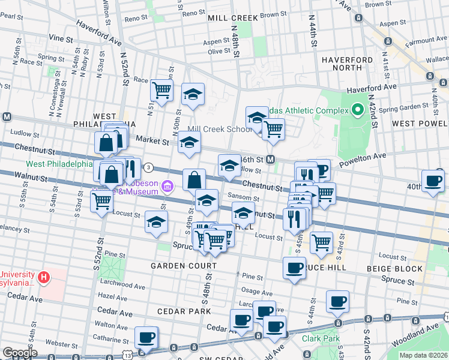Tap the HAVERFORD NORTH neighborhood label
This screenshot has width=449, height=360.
pos(347,65)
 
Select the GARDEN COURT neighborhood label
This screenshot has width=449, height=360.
pos(184,266)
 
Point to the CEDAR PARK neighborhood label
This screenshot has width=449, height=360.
pos(184,311)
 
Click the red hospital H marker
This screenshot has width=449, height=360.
pos(43,278)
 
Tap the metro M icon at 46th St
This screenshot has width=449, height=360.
pos(271,160)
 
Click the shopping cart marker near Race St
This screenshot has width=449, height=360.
pos(161,90)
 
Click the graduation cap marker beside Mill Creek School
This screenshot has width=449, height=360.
pos(257,116)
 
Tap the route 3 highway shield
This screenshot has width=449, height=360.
pos(148,167)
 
